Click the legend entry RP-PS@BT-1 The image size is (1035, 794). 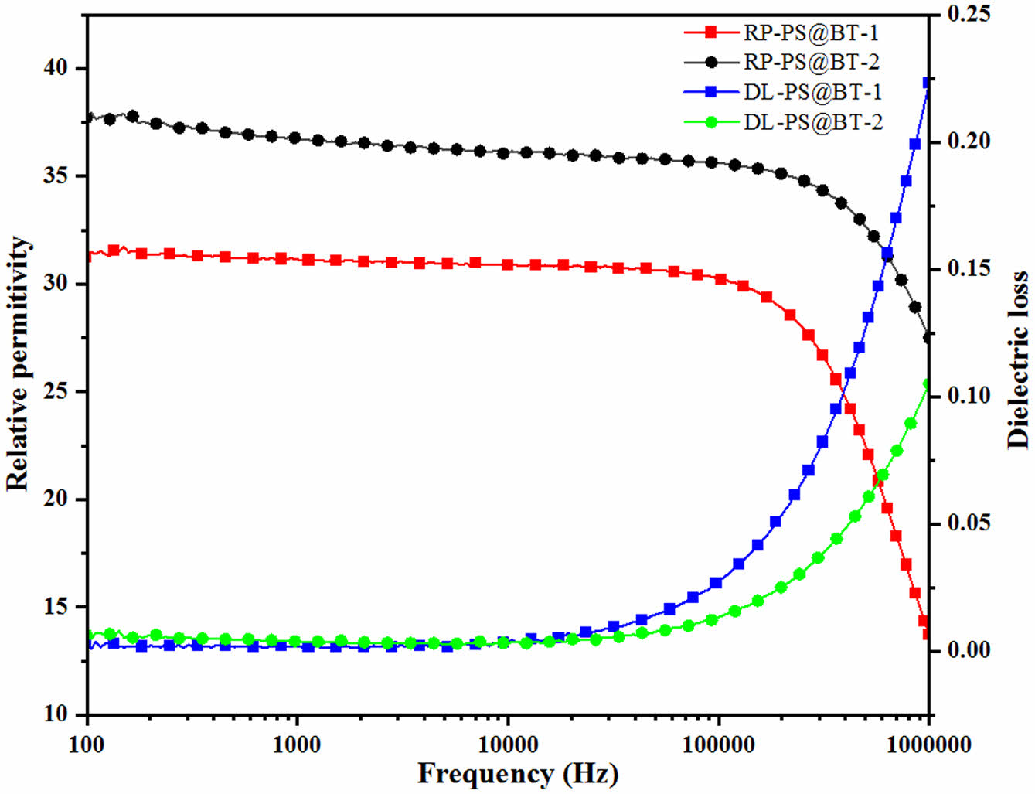click(811, 32)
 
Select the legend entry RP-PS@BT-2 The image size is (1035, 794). click(811, 62)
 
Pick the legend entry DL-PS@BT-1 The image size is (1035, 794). click(812, 92)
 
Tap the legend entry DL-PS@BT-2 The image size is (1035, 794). click(812, 122)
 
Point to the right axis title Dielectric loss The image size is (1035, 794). click(1018, 360)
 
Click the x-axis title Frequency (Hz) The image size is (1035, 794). click(518, 774)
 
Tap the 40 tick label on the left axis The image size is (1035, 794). click(56, 68)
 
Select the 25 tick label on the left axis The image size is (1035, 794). click(56, 391)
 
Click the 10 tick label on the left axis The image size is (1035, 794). click(56, 714)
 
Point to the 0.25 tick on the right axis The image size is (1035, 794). click(968, 14)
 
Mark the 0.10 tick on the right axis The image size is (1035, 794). click(968, 396)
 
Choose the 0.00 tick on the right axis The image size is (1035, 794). click(968, 650)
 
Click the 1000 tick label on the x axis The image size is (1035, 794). click(298, 745)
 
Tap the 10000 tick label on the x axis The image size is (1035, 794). click(508, 745)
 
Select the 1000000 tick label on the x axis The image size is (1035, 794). click(928, 745)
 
